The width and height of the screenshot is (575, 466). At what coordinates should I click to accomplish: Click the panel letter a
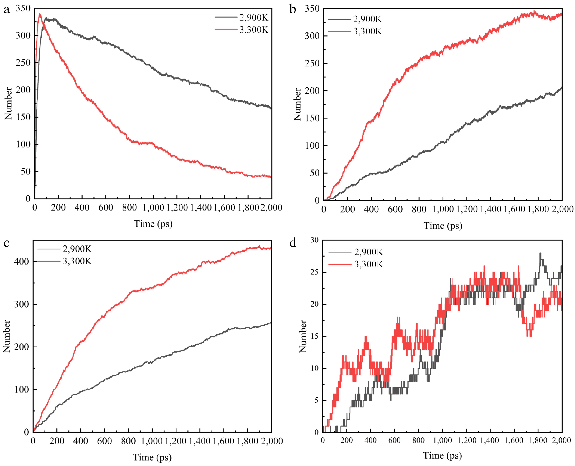(6, 10)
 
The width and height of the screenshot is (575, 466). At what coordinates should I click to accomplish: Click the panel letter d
(293, 243)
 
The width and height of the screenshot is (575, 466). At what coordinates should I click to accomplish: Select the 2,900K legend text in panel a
(254, 18)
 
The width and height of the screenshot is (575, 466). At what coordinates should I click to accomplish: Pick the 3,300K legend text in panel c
(77, 261)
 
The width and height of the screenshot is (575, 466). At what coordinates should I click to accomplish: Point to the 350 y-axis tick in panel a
(23, 9)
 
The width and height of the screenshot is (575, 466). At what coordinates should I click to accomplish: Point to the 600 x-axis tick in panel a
(106, 208)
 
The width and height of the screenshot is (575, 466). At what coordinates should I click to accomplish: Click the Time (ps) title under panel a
(153, 224)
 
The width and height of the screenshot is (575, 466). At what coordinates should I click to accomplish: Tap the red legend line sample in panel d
(340, 264)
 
